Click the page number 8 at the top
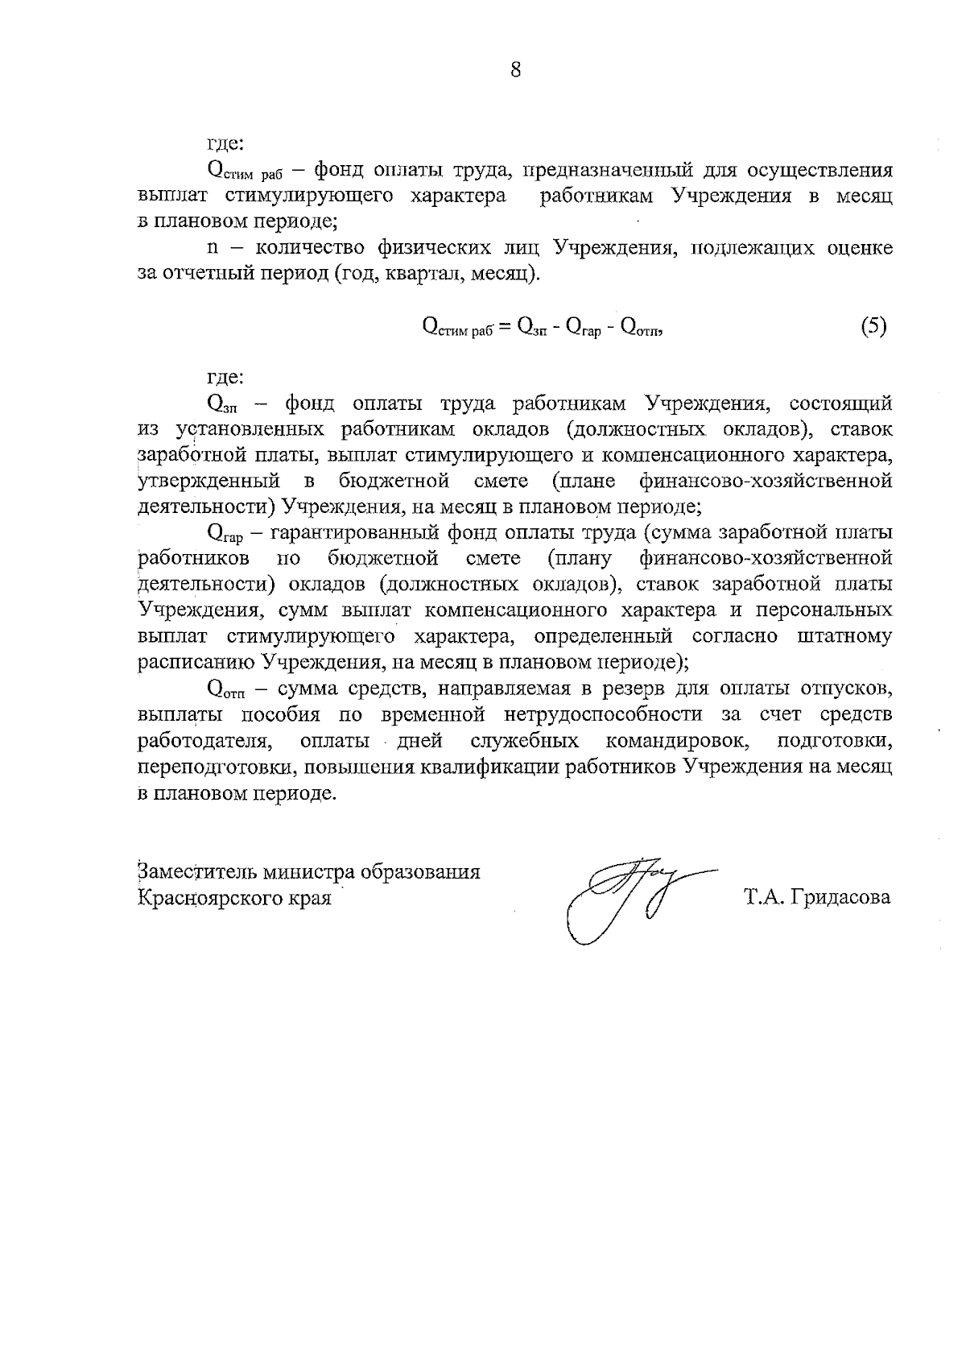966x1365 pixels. pyautogui.click(x=516, y=70)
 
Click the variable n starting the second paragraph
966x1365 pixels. pyautogui.click(x=213, y=247)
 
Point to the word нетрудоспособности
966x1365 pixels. pyautogui.click(x=621, y=714)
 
